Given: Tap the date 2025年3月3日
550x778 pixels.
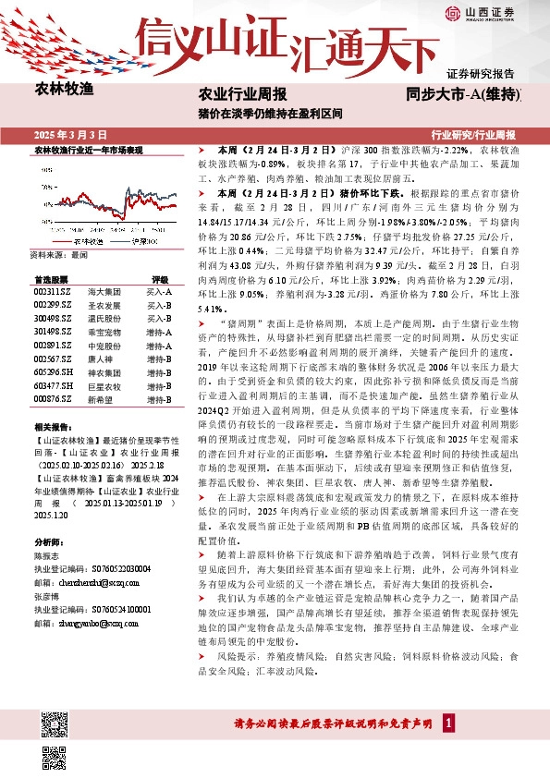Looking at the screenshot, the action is point(70,135).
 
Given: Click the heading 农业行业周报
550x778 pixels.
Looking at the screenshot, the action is point(243,94).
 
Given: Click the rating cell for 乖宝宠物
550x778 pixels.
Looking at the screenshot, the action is point(159,332).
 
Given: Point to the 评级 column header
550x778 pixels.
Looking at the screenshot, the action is point(160,278).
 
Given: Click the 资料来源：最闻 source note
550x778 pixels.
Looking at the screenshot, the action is point(57,253).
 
